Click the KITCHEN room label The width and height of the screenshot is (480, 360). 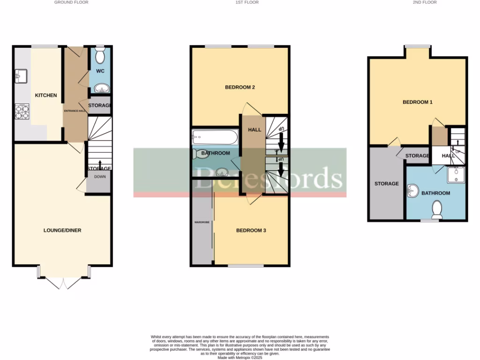click(x=46, y=95)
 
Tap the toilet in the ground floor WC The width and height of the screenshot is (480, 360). click(x=100, y=56)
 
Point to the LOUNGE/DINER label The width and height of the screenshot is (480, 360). click(x=62, y=230)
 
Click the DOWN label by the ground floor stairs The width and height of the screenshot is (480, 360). click(x=100, y=177)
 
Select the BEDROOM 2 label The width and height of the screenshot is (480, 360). click(x=240, y=87)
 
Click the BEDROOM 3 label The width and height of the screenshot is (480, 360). click(x=251, y=230)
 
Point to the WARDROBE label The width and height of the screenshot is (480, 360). click(x=202, y=222)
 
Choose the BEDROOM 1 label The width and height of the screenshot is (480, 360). click(x=418, y=102)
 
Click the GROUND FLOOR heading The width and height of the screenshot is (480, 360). click(x=71, y=2)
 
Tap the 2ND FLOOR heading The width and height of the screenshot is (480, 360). click(x=425, y=2)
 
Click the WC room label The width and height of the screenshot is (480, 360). click(x=100, y=71)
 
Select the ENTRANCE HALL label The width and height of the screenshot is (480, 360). click(x=75, y=111)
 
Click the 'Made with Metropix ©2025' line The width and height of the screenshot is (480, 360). click(x=240, y=357)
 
